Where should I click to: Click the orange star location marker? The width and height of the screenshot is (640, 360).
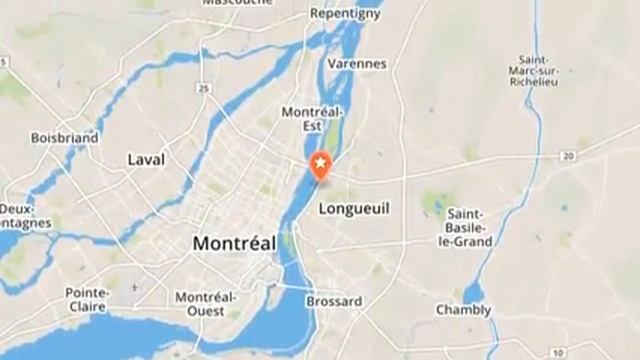[x=320, y=166]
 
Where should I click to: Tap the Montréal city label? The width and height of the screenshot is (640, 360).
[x=233, y=243]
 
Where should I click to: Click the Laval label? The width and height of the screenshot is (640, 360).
[x=146, y=159]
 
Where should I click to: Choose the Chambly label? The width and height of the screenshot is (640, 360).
[x=463, y=310]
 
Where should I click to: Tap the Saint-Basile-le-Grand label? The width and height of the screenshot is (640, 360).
[x=468, y=228]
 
